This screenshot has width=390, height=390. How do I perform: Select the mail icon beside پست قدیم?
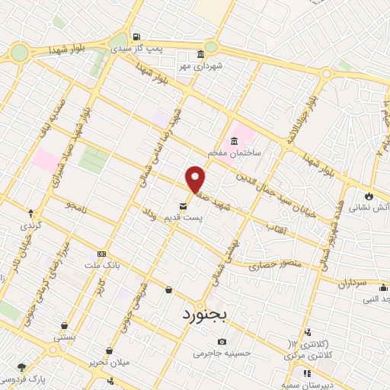[184, 206]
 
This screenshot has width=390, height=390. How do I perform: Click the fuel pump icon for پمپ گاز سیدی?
[136, 37]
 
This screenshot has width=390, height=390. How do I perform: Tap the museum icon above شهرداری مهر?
[200, 55]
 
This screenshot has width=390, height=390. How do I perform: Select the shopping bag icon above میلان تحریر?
[110, 350]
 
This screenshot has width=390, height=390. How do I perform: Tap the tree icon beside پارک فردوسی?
[21, 367]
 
